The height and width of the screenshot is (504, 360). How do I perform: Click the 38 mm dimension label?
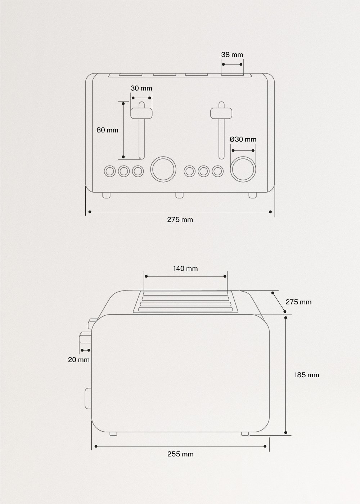pos(232,55)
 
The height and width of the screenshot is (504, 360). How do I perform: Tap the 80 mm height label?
pos(107,130)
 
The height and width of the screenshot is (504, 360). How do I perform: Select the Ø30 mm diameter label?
pos(243,139)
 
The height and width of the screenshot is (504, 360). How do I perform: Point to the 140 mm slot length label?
pos(185,268)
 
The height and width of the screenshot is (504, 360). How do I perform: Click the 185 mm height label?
pos(306,375)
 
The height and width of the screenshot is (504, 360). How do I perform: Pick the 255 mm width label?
pos(180,454)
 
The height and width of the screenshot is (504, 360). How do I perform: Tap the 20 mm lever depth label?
pos(79,359)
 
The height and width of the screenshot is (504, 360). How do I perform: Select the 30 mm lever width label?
pos(141,88)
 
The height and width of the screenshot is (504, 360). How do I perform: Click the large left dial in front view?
pos(163,169)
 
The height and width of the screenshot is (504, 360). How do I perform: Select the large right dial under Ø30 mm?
pos(243,169)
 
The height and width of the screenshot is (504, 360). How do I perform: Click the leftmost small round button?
pos(109,171)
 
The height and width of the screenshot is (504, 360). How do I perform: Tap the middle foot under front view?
pos(179,195)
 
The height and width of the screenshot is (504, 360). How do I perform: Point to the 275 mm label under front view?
pos(180,220)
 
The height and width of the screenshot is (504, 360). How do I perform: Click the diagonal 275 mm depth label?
pos(298,302)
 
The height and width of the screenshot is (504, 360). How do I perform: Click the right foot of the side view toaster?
pos(245,434)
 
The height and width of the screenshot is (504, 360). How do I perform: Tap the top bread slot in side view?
pos(186,293)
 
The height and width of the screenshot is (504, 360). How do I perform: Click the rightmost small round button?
pos(217,171)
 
